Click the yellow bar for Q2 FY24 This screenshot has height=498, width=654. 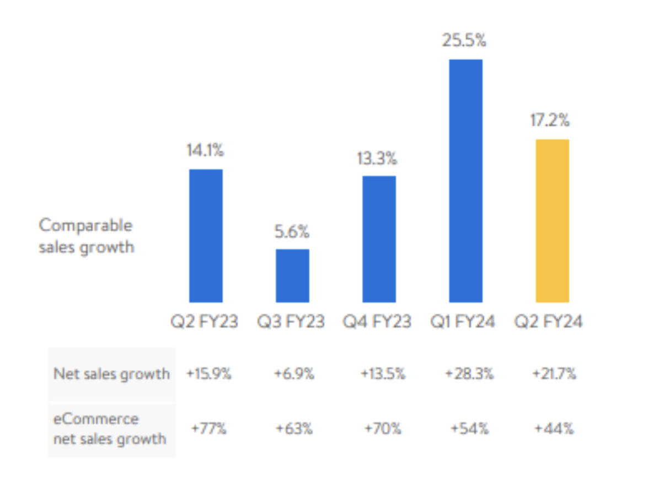[552, 220]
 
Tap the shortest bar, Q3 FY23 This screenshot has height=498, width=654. [292, 275]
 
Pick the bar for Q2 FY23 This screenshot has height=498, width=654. [206, 236]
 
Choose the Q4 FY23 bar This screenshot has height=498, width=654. [379, 239]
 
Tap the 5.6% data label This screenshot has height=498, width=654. [292, 232]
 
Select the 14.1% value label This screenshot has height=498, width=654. [206, 150]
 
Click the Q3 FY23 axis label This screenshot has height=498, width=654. [291, 321]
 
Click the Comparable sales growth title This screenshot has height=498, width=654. [86, 236]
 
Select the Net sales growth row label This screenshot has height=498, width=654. [111, 373]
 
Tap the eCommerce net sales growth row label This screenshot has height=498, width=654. [109, 429]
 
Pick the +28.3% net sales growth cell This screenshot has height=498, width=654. [469, 373]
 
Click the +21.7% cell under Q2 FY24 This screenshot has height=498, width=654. [554, 373]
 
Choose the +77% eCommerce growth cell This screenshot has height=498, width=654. [208, 429]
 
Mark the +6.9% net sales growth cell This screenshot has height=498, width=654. [294, 373]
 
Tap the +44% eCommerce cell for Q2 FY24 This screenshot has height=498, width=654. [554, 429]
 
